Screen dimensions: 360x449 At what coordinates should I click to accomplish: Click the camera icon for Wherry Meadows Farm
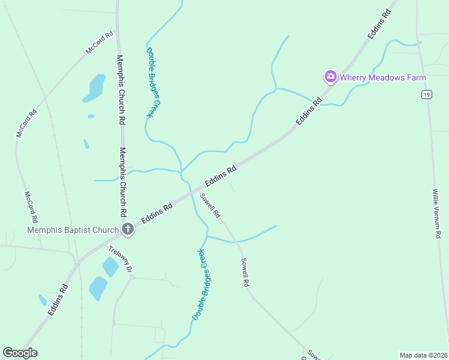330,77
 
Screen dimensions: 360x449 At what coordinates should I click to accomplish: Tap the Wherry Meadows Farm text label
383,77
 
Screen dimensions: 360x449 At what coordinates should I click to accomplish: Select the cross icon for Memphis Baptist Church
128,229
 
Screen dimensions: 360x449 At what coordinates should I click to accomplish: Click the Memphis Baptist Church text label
73,230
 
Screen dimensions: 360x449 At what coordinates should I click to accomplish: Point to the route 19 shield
426,95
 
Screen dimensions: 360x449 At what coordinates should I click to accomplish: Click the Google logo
20,353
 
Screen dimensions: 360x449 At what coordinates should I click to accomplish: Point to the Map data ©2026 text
423,355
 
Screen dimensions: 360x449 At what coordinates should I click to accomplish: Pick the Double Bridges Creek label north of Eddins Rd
154,82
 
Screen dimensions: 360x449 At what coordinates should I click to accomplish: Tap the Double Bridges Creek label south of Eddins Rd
199,284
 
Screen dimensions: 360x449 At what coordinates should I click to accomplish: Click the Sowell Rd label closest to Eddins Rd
211,206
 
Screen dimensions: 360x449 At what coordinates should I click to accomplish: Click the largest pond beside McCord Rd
95,87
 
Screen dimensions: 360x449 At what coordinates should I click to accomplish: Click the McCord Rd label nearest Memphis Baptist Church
31,207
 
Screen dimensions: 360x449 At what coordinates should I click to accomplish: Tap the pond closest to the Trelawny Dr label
110,266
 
